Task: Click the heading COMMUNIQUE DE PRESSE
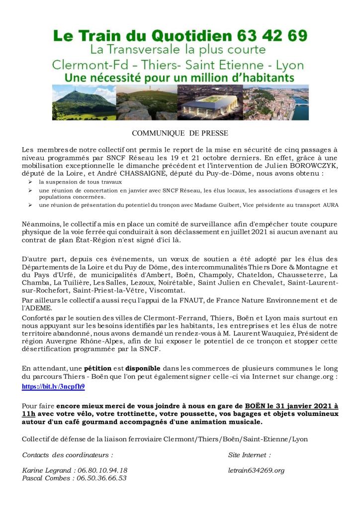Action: coord(180,133)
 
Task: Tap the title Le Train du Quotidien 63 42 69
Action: coord(180,36)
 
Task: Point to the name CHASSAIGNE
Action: coord(143,174)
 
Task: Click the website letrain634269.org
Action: coord(256,470)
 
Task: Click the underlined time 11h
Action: coord(29,413)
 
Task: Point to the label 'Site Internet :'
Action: coord(250,454)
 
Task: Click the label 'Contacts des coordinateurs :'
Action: coord(68,454)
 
